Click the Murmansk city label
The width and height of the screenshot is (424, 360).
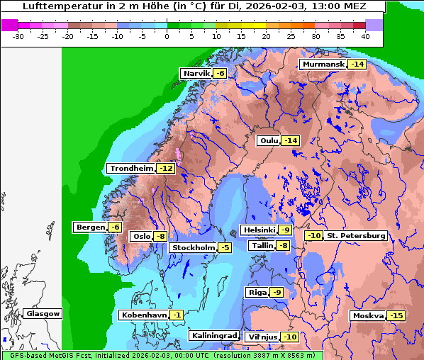click(x=323, y=64)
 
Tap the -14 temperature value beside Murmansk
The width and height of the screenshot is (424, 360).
click(x=357, y=64)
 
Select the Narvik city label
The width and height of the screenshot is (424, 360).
click(x=196, y=74)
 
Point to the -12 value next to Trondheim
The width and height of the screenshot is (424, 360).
click(x=165, y=169)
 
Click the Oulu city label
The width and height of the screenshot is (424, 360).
click(x=268, y=140)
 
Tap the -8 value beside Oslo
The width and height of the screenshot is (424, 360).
click(x=161, y=237)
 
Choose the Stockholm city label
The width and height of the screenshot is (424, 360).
click(x=192, y=247)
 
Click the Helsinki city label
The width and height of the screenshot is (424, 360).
click(x=258, y=230)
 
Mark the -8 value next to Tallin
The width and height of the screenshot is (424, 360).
click(x=283, y=246)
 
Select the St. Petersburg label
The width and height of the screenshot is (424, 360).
click(x=356, y=235)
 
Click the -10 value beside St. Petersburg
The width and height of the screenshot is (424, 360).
click(x=313, y=235)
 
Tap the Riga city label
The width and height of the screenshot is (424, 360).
click(x=257, y=292)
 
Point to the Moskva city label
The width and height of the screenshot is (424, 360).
click(x=368, y=315)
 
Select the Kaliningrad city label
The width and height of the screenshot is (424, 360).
click(x=213, y=335)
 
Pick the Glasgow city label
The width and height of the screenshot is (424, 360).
click(x=43, y=313)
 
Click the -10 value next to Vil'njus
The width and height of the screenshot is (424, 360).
click(x=289, y=337)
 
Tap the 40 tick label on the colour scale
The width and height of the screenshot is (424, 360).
click(x=365, y=36)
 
